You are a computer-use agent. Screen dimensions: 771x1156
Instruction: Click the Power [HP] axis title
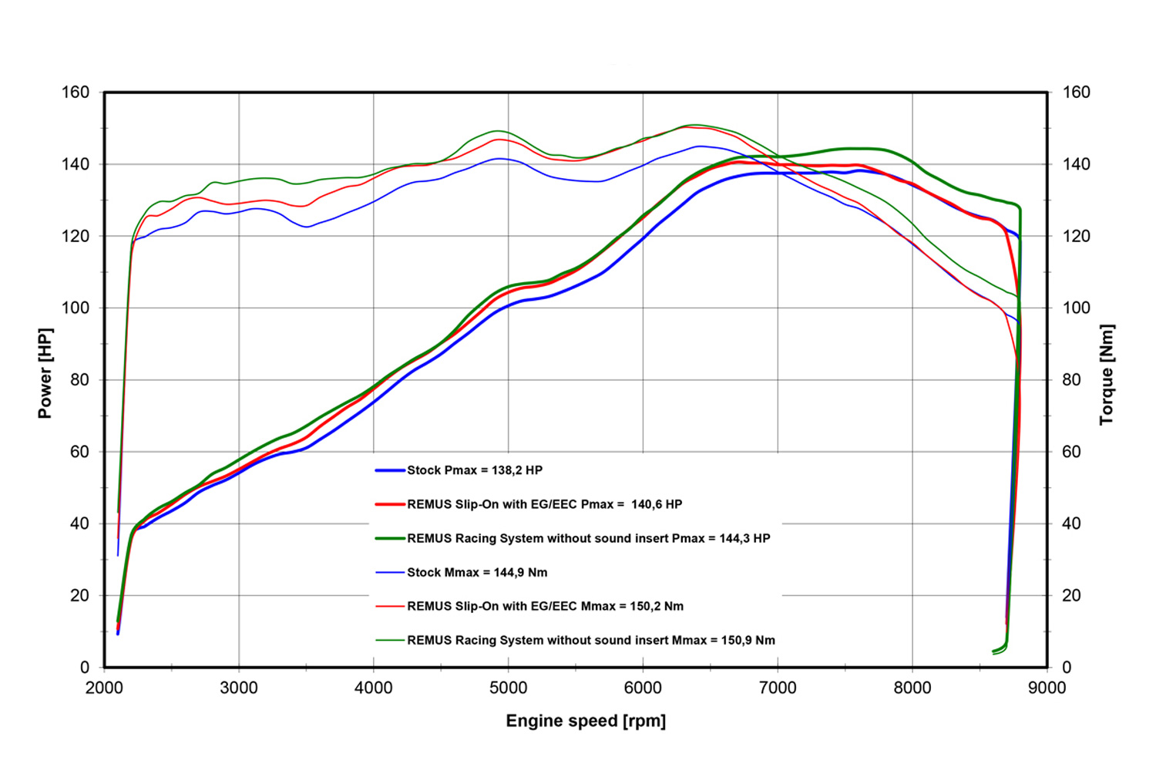[45, 373]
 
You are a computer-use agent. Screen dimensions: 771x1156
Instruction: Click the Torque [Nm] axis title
[1107, 375]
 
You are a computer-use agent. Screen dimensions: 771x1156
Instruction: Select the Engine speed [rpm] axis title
[586, 721]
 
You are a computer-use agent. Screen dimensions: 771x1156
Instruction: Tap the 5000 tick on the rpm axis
[509, 688]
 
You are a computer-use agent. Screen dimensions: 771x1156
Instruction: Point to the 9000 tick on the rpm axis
[1047, 688]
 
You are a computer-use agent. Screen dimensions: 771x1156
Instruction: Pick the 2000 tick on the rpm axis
[104, 688]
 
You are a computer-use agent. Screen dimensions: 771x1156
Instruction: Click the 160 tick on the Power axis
[76, 93]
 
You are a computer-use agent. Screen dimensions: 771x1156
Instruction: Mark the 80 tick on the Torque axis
[1071, 380]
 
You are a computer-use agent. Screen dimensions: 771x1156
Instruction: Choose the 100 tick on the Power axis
[76, 308]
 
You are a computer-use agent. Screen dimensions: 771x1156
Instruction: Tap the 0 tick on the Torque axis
[1067, 668]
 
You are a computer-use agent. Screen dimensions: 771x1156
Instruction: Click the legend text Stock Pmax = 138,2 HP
[475, 470]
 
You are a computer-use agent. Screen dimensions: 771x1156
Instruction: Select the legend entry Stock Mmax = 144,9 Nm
[477, 572]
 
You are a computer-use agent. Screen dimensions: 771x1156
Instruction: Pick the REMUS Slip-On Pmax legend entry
[544, 504]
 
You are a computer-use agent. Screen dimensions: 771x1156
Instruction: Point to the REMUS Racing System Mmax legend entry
[590, 640]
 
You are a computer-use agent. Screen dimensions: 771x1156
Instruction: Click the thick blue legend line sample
[390, 470]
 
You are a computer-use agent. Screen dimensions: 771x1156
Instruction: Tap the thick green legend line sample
[390, 538]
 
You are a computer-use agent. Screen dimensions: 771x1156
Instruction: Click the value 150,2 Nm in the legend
[657, 606]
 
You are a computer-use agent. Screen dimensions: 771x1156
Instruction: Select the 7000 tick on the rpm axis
[778, 688]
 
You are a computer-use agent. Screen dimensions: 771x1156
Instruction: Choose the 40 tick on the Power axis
[79, 524]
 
